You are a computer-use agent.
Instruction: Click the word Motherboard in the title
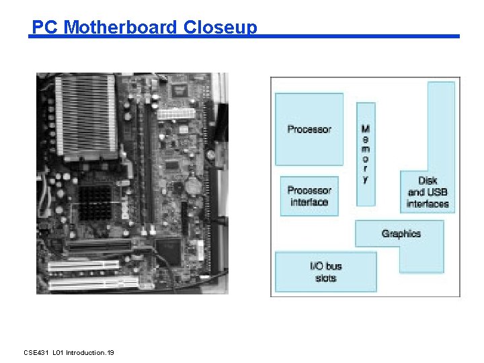[120, 28]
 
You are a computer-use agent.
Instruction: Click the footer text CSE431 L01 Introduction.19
[69, 352]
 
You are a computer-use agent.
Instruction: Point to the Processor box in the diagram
[309, 129]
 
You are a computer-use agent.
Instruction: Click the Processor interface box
[309, 196]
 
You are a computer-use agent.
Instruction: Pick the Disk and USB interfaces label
[428, 192]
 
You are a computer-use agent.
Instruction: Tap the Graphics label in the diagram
[401, 234]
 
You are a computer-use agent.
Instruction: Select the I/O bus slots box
[326, 272]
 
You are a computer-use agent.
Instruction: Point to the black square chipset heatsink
[94, 203]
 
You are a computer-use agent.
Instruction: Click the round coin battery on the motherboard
[193, 183]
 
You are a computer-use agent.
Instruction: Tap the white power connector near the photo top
[176, 114]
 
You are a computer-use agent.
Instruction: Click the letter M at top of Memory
[365, 128]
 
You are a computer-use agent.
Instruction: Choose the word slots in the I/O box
[326, 278]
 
